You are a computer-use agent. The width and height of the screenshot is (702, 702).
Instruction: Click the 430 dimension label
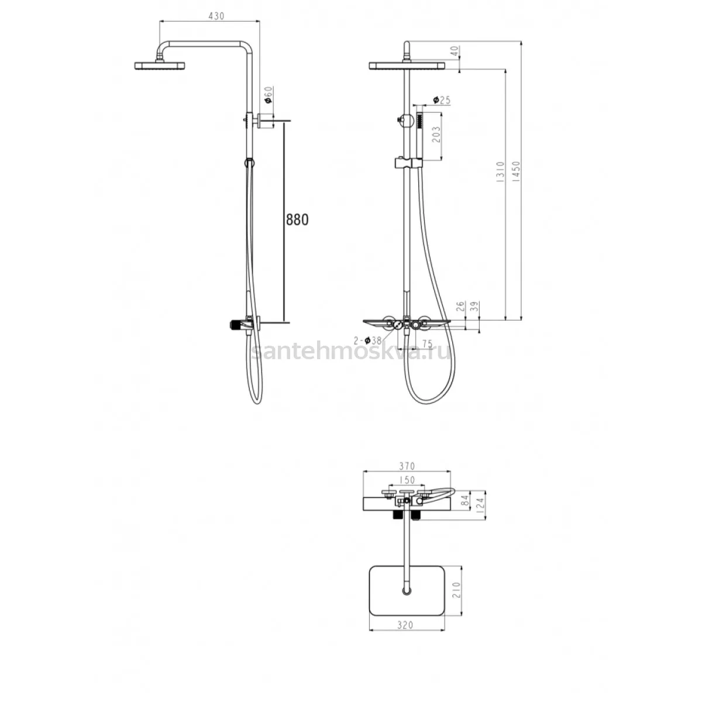[216, 16]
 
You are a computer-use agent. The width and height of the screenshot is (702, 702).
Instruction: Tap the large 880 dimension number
[297, 220]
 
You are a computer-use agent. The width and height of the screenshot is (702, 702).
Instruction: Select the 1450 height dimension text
[516, 171]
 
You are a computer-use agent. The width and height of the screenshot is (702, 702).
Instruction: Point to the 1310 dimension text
[501, 172]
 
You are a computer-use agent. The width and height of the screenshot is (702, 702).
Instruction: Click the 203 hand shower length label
[436, 135]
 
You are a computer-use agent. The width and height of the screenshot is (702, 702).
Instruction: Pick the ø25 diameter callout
[442, 100]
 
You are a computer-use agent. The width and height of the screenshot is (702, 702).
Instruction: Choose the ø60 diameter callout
[268, 95]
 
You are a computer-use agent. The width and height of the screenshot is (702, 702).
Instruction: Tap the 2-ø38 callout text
[367, 340]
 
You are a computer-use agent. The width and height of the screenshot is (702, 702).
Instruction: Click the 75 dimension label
[427, 344]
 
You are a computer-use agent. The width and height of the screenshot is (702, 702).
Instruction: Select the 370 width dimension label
[407, 466]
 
